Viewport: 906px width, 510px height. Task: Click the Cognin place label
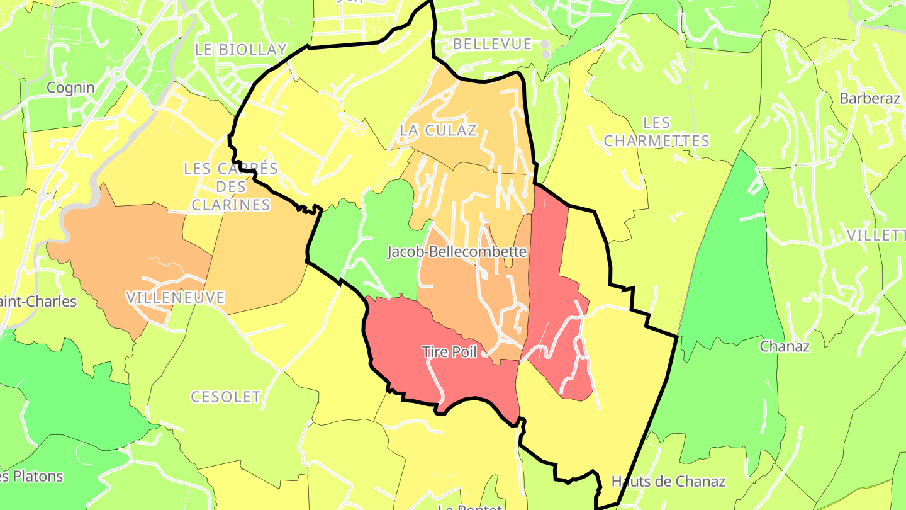(x=70, y=88)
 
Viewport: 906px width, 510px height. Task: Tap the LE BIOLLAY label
(x=240, y=50)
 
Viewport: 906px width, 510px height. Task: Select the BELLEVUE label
(x=492, y=44)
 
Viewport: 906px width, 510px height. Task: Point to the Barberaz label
(x=870, y=98)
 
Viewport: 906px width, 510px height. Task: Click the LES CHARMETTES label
(x=657, y=132)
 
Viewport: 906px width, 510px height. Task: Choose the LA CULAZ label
(x=439, y=130)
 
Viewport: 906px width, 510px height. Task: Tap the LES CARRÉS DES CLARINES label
(x=231, y=186)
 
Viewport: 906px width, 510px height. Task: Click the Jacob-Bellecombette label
(x=456, y=252)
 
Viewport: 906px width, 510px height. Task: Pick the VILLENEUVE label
(x=175, y=298)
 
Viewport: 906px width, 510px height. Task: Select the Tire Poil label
(x=449, y=352)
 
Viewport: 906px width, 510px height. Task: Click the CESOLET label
(x=225, y=397)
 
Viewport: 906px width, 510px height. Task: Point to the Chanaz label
(x=785, y=346)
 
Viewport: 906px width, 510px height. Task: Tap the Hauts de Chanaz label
(x=668, y=482)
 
